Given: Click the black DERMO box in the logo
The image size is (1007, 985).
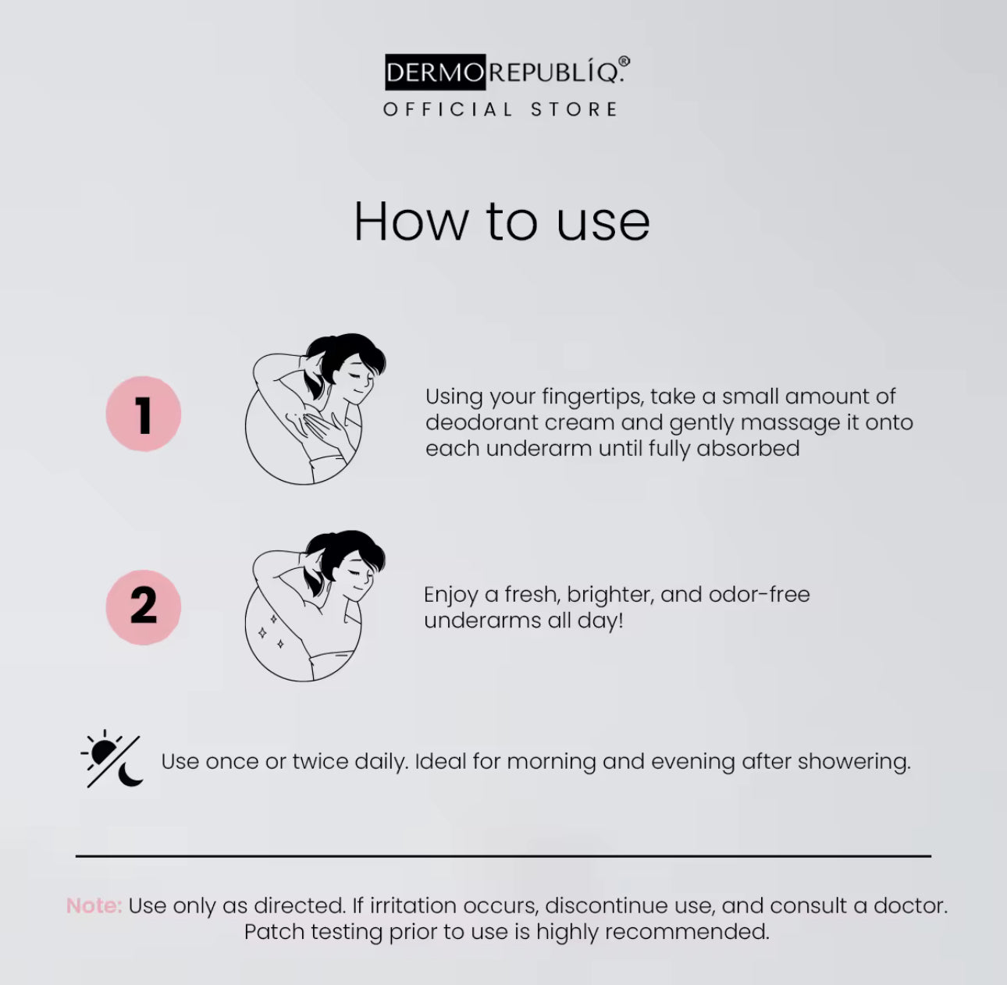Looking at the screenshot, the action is tap(435, 72).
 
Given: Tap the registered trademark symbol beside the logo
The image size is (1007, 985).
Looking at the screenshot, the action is tap(624, 62).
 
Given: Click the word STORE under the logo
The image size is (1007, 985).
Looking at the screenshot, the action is tap(575, 110).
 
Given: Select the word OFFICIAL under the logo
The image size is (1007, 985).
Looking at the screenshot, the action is tap(447, 110).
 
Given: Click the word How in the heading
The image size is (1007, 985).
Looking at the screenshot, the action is tap(411, 222).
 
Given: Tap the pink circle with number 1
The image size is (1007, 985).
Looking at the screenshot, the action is tap(144, 414).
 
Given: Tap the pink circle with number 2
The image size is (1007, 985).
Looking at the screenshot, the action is tap(144, 606).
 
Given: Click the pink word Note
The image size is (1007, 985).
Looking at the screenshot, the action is tap(94, 905).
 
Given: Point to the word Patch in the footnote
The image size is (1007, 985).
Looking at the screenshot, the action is tap(274, 932).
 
